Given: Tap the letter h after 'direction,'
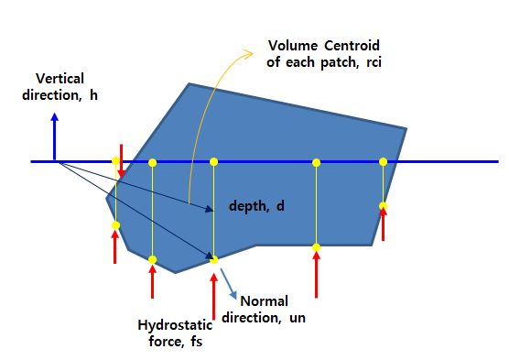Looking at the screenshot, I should coord(93,95).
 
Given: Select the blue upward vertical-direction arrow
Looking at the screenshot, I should coord(56,137).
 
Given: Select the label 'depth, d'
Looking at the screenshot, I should coord(257,208).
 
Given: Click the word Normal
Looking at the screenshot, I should coord(265,300).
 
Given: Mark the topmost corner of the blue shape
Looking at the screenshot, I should coord(190,84).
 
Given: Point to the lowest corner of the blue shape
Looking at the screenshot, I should coord(175,273).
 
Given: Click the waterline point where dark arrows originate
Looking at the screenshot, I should coord(58,162).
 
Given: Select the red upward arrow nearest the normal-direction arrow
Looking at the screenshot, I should coord(213,284).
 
